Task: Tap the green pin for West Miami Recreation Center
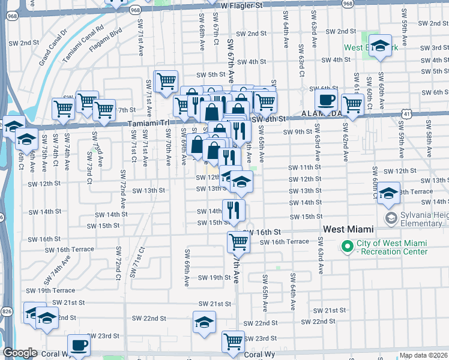346,247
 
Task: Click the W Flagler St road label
246,5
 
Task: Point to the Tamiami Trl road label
142,123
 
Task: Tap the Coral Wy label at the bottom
259,355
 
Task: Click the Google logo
20,353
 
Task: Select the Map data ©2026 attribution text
423,355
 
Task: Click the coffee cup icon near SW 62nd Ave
326,100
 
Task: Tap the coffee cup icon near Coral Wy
79,346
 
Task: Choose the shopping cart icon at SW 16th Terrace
238,242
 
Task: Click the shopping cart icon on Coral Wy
233,341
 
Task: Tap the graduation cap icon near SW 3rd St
380,46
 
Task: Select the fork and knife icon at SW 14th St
234,209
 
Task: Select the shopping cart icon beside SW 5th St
166,80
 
